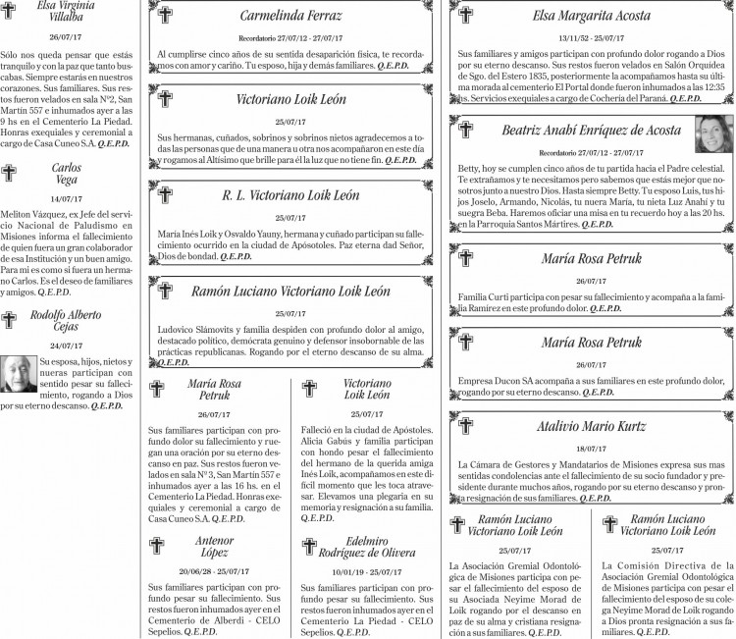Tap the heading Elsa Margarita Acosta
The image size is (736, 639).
click(x=591, y=16)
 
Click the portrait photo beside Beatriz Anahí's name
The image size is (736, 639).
click(x=713, y=133)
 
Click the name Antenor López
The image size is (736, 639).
click(x=215, y=547)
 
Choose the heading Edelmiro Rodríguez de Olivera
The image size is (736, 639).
click(x=367, y=547)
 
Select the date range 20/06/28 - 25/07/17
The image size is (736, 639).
click(x=215, y=571)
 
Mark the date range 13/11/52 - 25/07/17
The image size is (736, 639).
click(x=591, y=35)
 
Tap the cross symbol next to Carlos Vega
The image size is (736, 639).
click(x=10, y=174)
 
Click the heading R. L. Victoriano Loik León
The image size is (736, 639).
click(x=290, y=195)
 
